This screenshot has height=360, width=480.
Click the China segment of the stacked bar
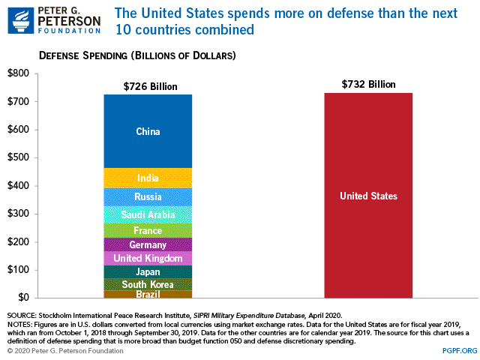(x=148, y=131)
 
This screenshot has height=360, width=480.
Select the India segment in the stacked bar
(x=148, y=178)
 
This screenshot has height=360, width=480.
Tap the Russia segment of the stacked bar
(x=148, y=197)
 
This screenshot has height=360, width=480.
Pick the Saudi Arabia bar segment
(x=148, y=214)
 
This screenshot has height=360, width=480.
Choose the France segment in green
(x=148, y=230)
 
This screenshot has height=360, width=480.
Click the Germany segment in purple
(x=148, y=244)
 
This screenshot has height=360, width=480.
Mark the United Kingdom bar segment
(x=148, y=258)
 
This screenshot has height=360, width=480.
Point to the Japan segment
(x=148, y=271)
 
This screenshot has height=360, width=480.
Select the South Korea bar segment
(x=148, y=284)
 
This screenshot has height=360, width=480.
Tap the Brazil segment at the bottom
(x=148, y=294)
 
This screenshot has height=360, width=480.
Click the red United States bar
(x=367, y=196)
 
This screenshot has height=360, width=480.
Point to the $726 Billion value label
(x=150, y=86)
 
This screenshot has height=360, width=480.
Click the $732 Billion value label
(x=368, y=84)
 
